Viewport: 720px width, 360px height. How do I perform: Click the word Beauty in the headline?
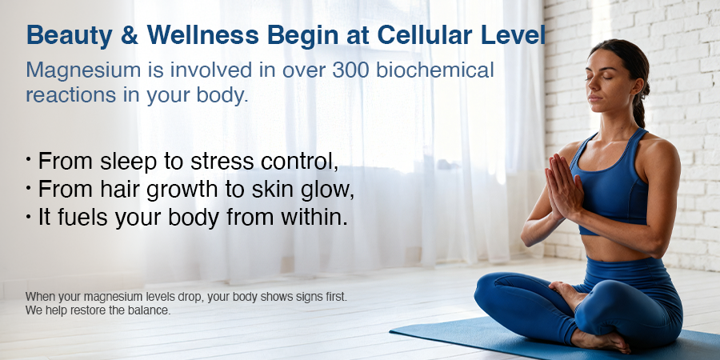tap(70, 35)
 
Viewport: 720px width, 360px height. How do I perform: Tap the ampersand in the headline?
tap(130, 35)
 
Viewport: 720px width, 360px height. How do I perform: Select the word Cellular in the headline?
tap(426, 35)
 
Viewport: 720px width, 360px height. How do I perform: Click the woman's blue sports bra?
tap(609, 184)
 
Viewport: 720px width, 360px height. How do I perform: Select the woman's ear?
tap(635, 86)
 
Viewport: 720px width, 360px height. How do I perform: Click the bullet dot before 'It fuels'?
tap(29, 216)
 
